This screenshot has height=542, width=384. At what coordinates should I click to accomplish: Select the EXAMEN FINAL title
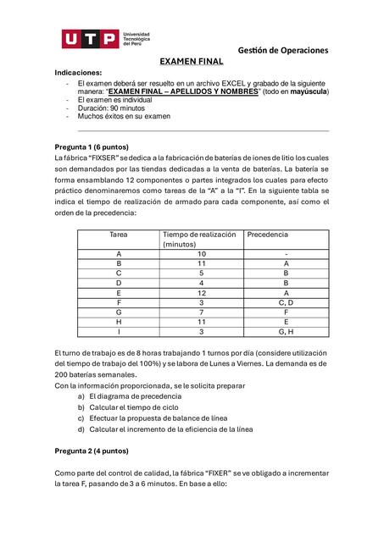point(192,62)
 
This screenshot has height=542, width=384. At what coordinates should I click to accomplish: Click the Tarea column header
point(118,234)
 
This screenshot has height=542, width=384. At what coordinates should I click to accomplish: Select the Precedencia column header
point(267,234)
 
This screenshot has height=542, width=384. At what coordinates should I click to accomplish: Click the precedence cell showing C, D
point(286,302)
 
